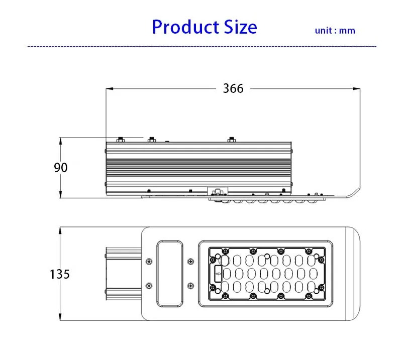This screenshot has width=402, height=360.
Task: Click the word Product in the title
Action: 185,27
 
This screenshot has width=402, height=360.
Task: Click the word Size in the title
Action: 241,27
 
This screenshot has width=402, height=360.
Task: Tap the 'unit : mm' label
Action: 335,31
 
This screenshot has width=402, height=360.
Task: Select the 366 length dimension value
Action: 233,88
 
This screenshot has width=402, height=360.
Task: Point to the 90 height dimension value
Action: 61,168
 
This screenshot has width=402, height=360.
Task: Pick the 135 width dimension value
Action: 60,274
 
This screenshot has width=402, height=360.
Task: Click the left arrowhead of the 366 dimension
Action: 110,89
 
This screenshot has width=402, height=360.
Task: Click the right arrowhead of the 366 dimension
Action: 356,89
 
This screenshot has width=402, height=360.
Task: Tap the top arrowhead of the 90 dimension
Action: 60,141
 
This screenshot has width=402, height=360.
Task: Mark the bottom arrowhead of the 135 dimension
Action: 60,317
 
